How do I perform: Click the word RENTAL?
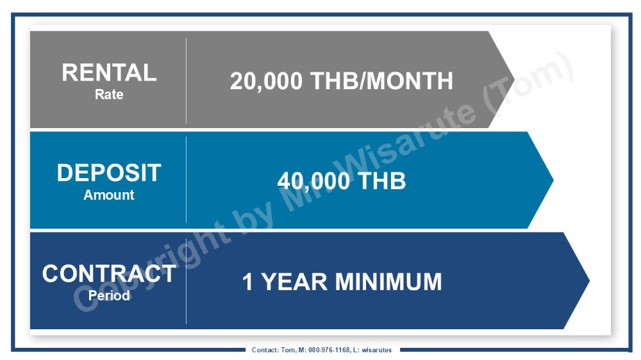tap(109, 73)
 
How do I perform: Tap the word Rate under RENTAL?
tap(109, 94)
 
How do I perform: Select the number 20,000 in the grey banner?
tap(266, 81)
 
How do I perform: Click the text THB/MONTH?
tap(382, 81)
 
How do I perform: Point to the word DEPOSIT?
tap(109, 173)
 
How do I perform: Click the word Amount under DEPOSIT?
tap(109, 195)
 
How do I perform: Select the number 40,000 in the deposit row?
tap(314, 181)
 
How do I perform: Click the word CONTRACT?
tap(109, 274)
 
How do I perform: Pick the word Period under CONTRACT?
tap(109, 295)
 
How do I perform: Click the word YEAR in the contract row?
tap(294, 282)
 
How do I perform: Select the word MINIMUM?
tap(389, 282)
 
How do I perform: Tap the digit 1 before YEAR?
tap(247, 282)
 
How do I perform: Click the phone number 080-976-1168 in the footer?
tap(329, 350)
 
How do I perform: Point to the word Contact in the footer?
tap(265, 350)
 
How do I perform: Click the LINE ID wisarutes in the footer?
tap(376, 350)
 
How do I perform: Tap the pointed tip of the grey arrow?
tap(514, 79)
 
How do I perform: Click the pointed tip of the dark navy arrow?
tap(589, 281)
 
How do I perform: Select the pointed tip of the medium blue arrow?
tap(553, 180)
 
